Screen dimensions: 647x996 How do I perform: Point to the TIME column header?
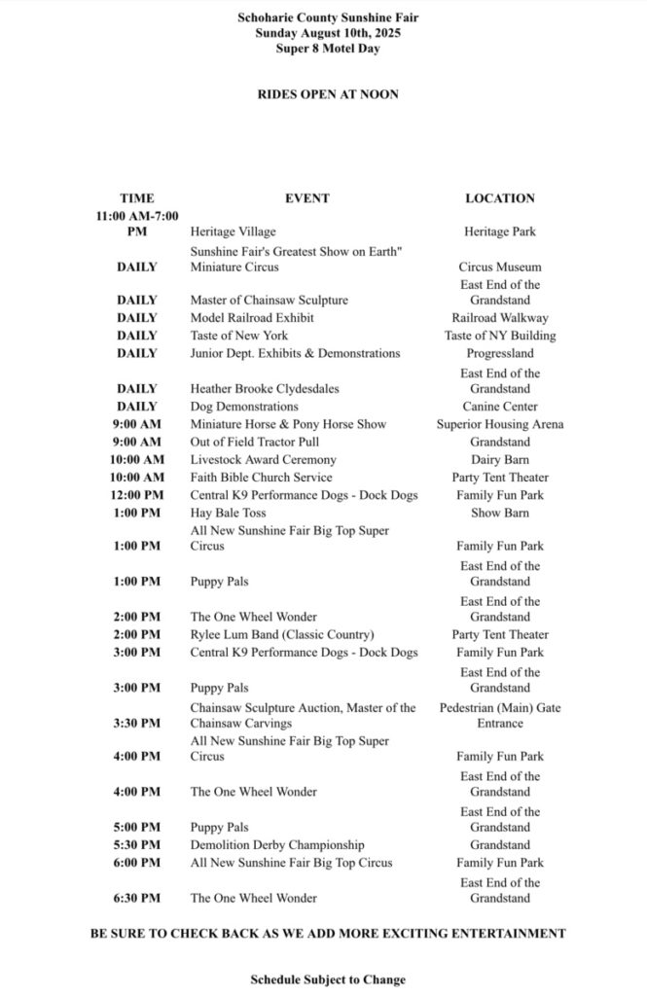click(x=137, y=198)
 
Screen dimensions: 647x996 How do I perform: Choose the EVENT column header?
click(x=306, y=198)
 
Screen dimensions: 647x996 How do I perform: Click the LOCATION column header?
click(x=499, y=198)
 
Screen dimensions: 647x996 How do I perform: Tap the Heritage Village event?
click(x=233, y=231)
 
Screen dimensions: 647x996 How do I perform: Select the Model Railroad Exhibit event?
click(x=252, y=318)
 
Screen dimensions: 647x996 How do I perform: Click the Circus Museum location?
click(x=500, y=267)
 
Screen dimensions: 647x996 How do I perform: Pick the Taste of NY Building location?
click(x=500, y=336)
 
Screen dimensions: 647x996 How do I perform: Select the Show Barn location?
click(x=500, y=513)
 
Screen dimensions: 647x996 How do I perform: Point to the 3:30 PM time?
click(x=137, y=723)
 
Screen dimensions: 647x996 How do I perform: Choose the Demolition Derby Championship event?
click(x=277, y=845)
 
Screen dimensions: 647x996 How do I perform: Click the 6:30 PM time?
click(x=137, y=898)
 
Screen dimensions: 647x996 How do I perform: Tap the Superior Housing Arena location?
click(x=500, y=424)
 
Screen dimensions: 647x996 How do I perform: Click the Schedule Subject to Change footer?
click(x=327, y=979)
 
